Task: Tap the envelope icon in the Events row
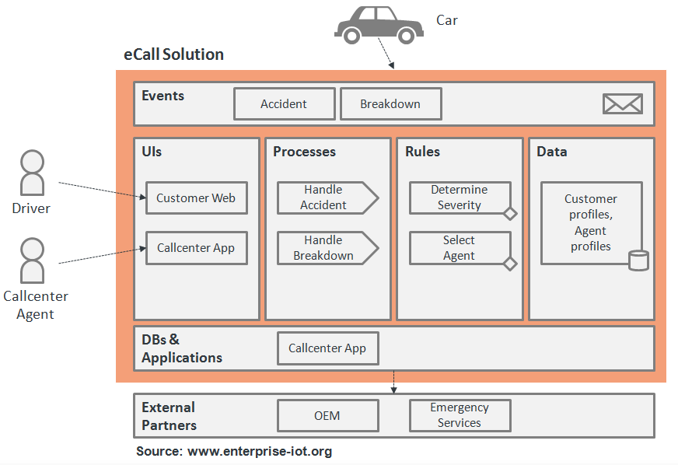pos(622,104)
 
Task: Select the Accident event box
pos(284,104)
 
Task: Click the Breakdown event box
pos(390,104)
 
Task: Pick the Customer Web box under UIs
pos(196,198)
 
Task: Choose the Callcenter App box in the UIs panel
pos(196,248)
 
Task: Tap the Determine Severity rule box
pos(460,198)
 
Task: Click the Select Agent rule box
pos(460,248)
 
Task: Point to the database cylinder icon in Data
pos(638,260)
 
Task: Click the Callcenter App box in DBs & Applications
pos(327,348)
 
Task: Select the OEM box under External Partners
pos(327,415)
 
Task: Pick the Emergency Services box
pos(460,415)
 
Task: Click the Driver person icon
pos(32,173)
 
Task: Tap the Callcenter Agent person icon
pos(32,260)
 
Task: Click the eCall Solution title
pos(174,54)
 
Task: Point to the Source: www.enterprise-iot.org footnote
pos(234,451)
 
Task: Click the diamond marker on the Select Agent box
pos(510,264)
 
